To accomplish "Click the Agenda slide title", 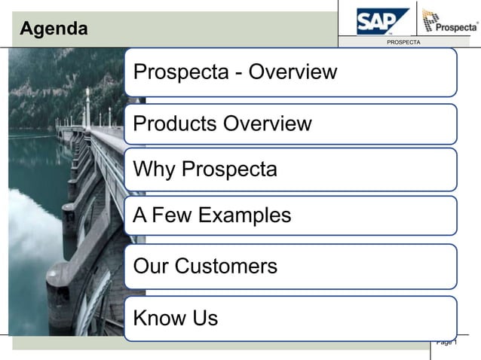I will click(54, 29).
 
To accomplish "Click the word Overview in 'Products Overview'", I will click(268, 124).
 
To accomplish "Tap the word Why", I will click(155, 169).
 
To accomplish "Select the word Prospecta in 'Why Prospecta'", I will click(230, 169).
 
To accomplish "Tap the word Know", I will click(159, 318).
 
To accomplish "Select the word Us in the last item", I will click(204, 318).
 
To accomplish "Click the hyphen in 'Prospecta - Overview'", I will click(237, 74).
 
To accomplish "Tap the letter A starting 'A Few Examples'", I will click(139, 215).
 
